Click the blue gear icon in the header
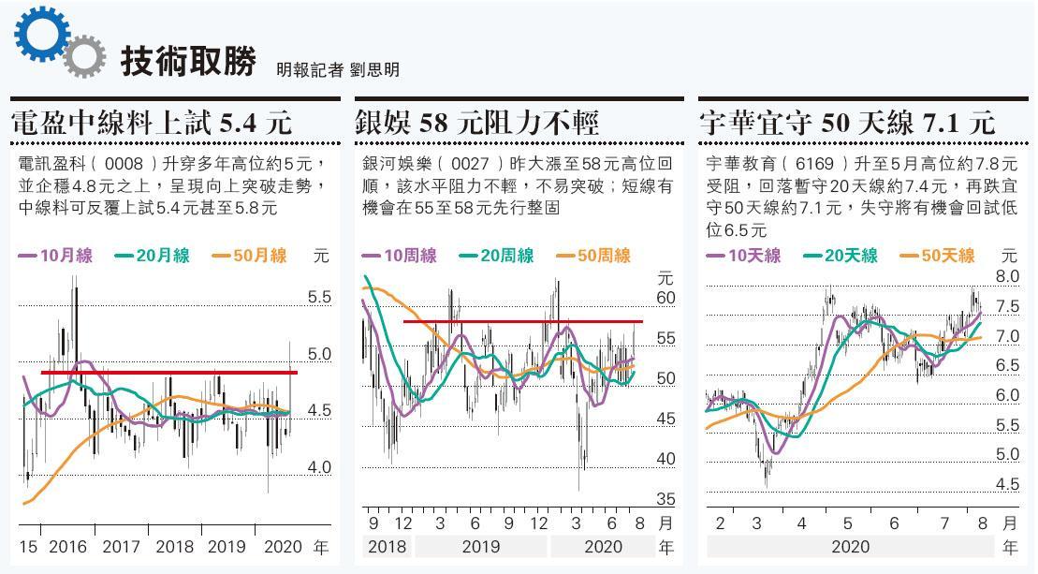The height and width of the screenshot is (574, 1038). coord(42,36)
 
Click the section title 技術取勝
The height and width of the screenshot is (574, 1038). coord(188,62)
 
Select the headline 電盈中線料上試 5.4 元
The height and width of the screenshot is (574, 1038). coord(152,122)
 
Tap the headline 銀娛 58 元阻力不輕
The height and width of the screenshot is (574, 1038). coord(477,122)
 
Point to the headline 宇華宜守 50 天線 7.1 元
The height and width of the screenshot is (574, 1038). coord(847,122)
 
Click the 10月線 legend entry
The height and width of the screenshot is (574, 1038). coord(55,255)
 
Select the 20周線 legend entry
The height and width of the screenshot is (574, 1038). coord(496,255)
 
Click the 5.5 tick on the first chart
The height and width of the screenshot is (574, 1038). coord(319,298)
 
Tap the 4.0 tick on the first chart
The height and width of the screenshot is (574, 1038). coord(319,467)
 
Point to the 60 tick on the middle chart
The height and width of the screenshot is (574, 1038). coord(665,299)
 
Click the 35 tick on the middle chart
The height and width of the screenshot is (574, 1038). coord(665,499)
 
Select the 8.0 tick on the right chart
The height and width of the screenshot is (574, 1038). coord(1007,277)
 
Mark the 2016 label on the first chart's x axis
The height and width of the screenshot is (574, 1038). coord(66,548)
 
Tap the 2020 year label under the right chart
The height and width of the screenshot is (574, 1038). coord(849,547)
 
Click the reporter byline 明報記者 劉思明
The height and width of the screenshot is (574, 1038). coord(338,69)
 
